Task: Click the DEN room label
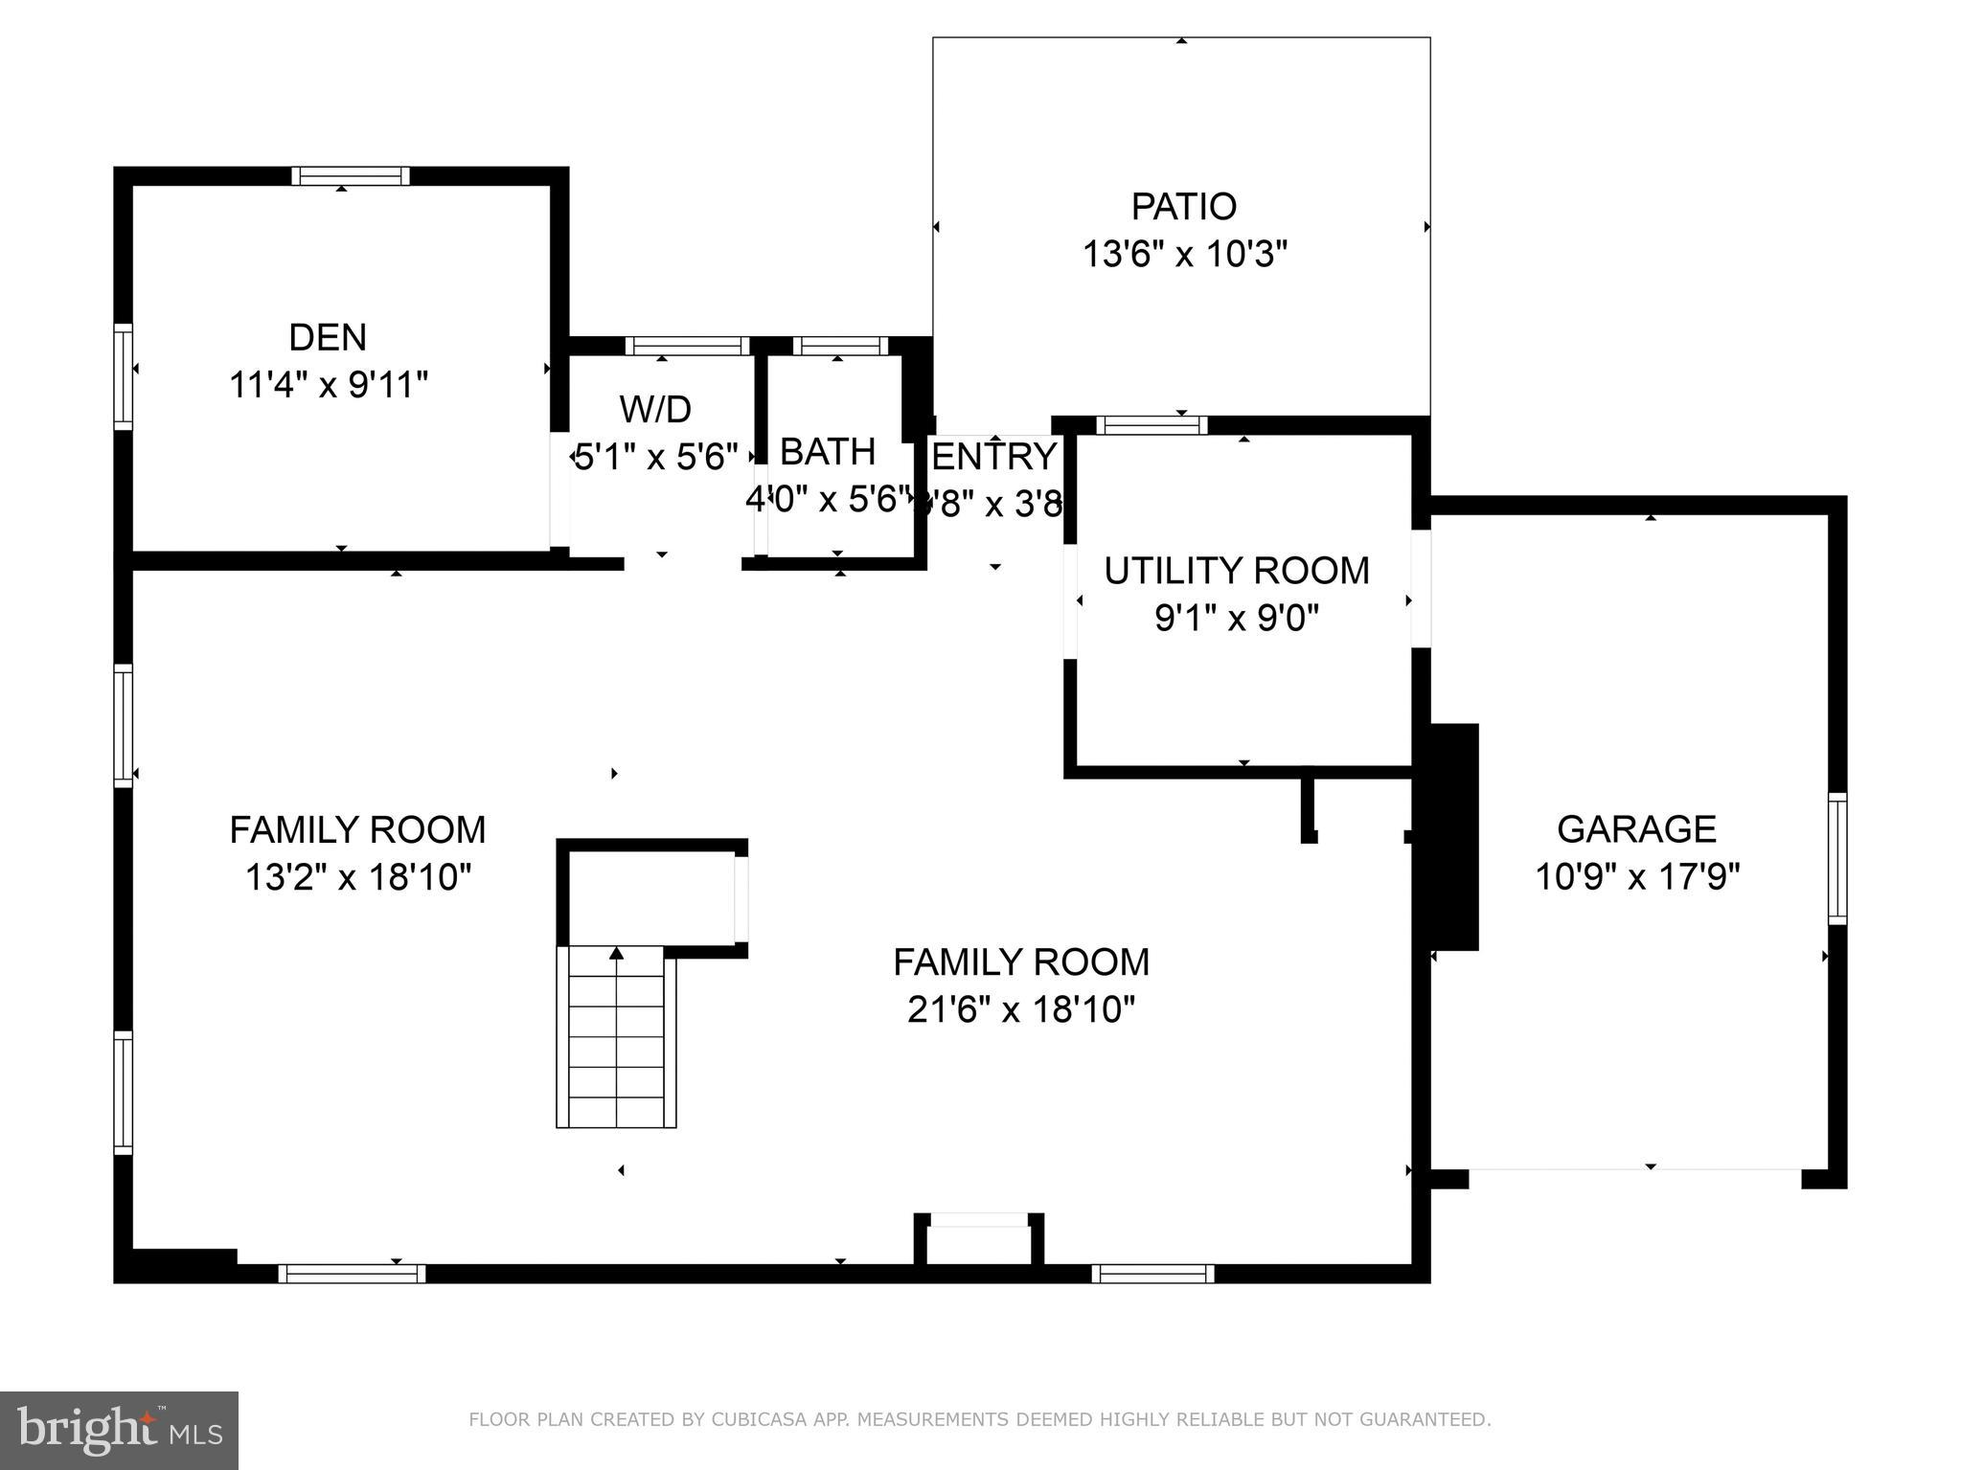328,337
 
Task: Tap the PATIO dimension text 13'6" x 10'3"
1184,255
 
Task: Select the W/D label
655,409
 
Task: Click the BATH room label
828,451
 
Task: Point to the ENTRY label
993,457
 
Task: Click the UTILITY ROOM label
1236,571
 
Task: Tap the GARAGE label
1636,829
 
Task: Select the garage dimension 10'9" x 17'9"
1636,877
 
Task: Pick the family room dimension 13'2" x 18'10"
357,877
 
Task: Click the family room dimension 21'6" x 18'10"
1020,1009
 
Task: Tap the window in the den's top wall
351,176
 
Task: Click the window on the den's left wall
123,375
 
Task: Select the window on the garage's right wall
1836,858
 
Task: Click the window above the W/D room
687,346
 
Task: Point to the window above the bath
840,346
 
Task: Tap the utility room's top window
1152,425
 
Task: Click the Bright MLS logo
119,1430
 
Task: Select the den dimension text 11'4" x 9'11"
328,385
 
